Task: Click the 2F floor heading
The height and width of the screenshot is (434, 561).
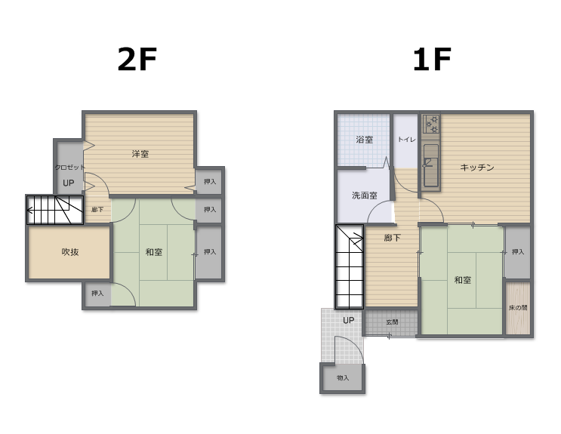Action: [x=137, y=60]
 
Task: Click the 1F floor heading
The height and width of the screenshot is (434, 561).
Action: [x=432, y=60]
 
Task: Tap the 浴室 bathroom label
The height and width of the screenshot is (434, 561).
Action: [x=364, y=140]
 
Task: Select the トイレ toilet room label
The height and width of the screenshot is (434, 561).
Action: [x=407, y=139]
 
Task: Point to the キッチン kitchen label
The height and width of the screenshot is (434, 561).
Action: [x=477, y=167]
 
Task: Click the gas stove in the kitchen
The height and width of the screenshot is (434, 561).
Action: [x=430, y=124]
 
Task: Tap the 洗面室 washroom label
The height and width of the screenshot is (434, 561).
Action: [x=364, y=195]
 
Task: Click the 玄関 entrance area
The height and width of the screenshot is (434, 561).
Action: [x=391, y=322]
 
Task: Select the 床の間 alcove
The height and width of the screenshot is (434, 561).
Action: [x=518, y=308]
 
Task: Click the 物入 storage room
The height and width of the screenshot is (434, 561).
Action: [x=343, y=378]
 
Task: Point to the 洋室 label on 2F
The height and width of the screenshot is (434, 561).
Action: [x=140, y=154]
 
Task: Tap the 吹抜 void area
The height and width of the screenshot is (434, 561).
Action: [x=69, y=252]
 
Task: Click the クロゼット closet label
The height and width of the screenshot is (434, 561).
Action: [x=69, y=167]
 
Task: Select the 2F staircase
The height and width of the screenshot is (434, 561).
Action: [x=54, y=210]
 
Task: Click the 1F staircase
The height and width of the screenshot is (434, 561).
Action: [x=350, y=266]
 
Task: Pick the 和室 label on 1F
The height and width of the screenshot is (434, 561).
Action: [x=463, y=280]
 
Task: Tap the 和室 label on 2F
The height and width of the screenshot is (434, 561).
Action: [x=154, y=252]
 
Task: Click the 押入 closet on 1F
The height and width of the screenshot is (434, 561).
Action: [x=517, y=252]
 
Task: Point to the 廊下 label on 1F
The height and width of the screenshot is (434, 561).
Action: [x=392, y=238]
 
